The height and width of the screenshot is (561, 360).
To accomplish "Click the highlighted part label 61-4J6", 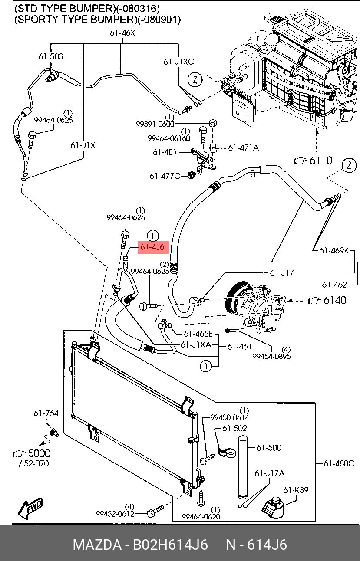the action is pyautogui.click(x=153, y=247).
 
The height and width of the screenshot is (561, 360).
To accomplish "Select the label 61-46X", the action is pyautogui.click(x=122, y=33).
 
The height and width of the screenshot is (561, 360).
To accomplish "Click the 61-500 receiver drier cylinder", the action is pyautogui.click(x=243, y=468).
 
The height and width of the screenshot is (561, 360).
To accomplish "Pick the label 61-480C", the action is pyautogui.click(x=339, y=463).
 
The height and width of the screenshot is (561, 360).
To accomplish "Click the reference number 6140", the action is pyautogui.click(x=335, y=300).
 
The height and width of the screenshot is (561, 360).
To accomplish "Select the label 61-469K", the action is pyautogui.click(x=334, y=250).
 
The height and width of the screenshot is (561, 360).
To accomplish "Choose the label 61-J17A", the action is pyautogui.click(x=270, y=473).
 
